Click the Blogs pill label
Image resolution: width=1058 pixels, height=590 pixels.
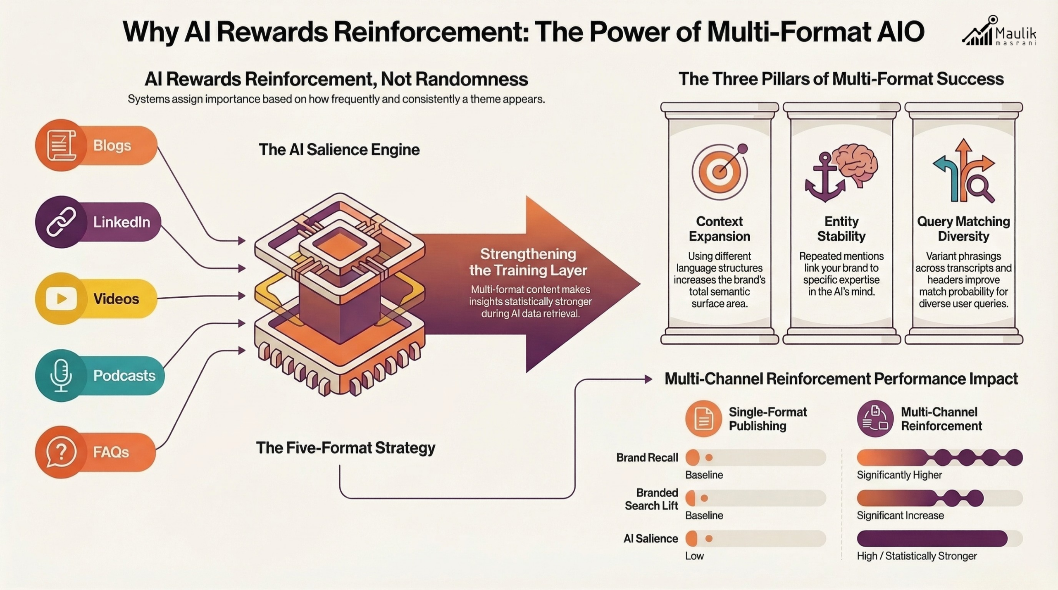click(112, 145)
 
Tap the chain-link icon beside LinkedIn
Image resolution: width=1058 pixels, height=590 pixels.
click(61, 222)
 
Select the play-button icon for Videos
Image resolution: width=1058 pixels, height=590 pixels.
click(61, 299)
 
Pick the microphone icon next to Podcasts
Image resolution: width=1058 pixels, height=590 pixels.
click(61, 375)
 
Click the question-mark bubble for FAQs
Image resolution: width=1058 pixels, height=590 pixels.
click(61, 452)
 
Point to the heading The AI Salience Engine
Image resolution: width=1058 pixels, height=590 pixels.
click(339, 149)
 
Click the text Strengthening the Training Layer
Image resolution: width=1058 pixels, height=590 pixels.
click(528, 262)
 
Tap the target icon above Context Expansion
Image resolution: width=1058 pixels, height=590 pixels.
click(720, 171)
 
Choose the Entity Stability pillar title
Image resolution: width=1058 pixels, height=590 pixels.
click(841, 229)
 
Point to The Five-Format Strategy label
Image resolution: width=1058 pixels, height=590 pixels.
click(346, 448)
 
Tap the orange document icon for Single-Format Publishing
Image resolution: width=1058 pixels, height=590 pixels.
click(703, 419)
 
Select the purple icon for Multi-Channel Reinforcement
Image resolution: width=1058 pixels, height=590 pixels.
click(875, 419)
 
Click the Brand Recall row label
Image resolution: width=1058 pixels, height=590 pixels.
click(647, 457)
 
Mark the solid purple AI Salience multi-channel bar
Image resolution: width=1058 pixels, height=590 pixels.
click(932, 538)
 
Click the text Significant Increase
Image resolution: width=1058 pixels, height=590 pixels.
click(900, 515)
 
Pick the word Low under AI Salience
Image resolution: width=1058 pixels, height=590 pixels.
click(694, 556)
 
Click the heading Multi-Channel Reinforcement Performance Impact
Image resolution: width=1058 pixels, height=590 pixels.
click(841, 379)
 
